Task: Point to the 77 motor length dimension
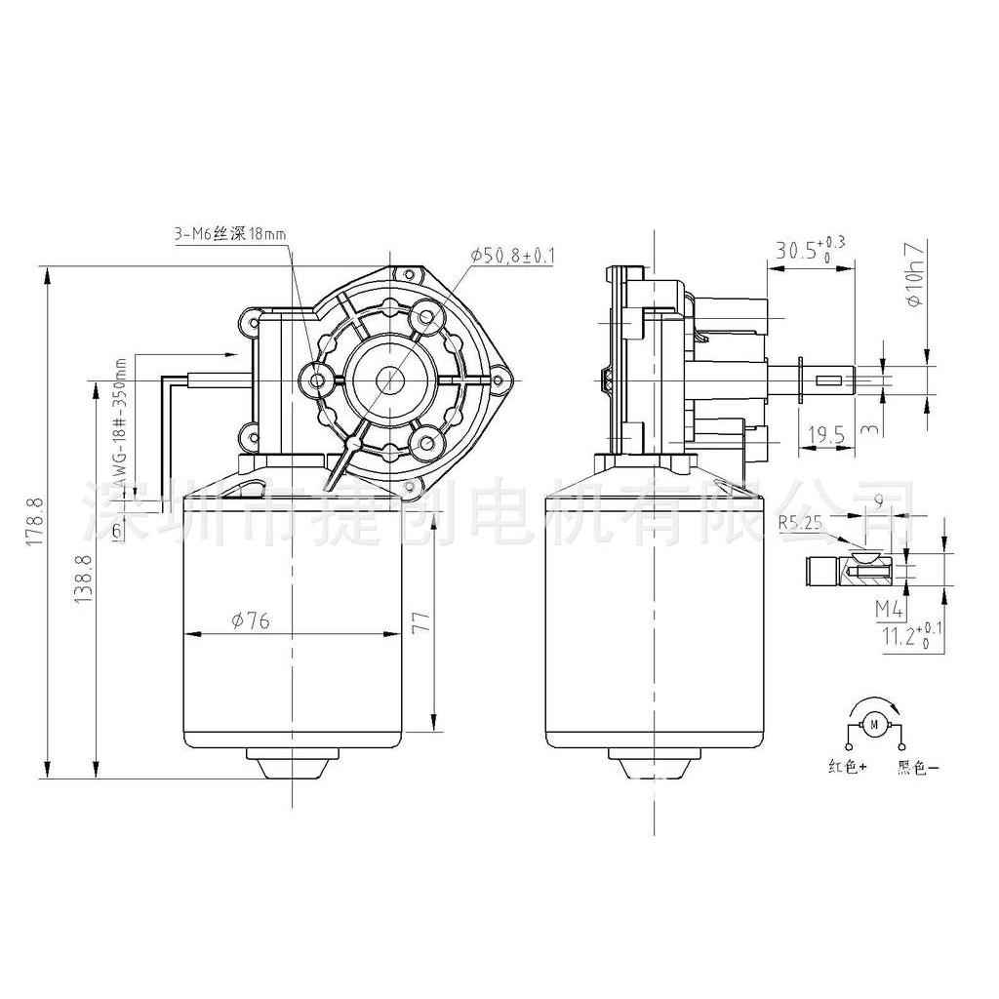click(x=420, y=625)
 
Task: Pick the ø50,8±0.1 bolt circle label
click(x=512, y=256)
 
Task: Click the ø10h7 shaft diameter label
click(x=913, y=276)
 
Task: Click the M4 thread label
click(x=888, y=610)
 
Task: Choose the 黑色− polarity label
click(x=917, y=768)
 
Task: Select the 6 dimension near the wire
click(x=117, y=531)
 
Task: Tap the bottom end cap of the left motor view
click(x=292, y=761)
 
